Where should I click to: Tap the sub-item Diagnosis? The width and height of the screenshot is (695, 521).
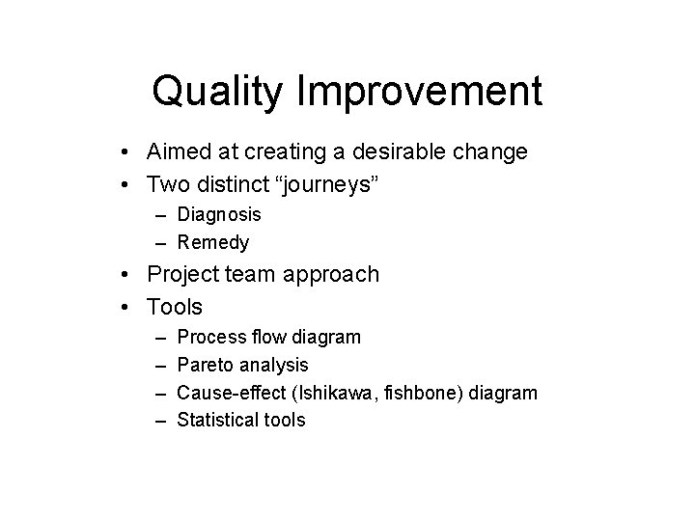point(219,214)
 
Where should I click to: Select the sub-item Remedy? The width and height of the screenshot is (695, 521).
point(213,242)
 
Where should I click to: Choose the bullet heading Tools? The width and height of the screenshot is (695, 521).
point(175,307)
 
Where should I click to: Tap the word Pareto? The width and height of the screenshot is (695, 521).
point(206,365)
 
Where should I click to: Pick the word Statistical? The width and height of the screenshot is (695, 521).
point(221,420)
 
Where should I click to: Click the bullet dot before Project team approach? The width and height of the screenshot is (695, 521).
point(127,275)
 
